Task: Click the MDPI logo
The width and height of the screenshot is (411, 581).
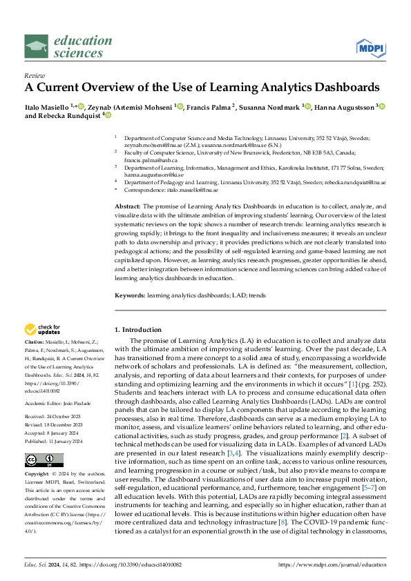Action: [370, 46]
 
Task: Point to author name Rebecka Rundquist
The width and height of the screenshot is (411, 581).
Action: [69, 116]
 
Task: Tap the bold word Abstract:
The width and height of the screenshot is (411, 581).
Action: [127, 206]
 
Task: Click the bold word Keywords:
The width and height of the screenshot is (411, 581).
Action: [130, 295]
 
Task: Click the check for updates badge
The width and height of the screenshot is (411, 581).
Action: [43, 330]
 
